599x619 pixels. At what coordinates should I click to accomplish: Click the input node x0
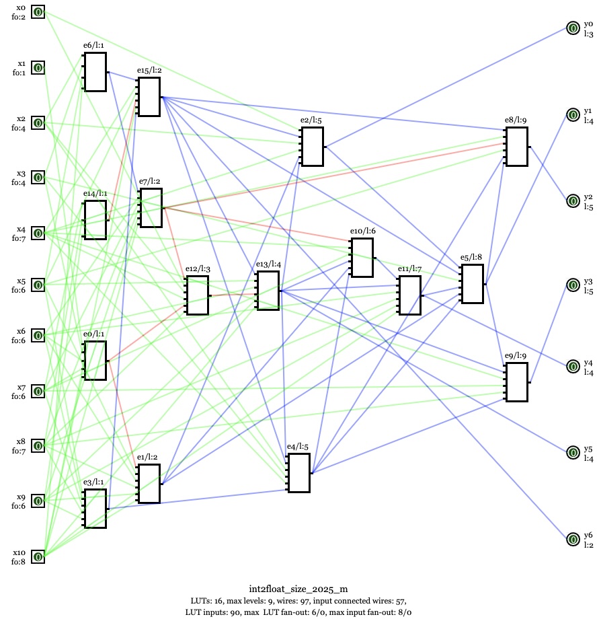coord(38,12)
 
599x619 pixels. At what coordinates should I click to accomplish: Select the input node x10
coord(38,556)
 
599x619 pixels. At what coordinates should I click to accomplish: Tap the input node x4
coord(38,233)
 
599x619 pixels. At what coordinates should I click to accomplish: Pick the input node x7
coord(38,391)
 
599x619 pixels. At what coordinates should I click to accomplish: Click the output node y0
coord(573,28)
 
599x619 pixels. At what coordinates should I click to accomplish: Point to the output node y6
coord(573,539)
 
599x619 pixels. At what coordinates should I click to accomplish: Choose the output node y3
coord(573,285)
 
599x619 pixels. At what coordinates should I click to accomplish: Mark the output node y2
coord(573,201)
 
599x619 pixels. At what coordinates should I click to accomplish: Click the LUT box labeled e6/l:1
coord(95,71)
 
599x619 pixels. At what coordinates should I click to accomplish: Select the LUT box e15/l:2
coord(149,97)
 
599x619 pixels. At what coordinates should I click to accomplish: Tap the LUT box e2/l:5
coord(313,146)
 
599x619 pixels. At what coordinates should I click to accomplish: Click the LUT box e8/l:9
coord(516,146)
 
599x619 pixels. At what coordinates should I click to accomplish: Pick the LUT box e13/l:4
coord(268,290)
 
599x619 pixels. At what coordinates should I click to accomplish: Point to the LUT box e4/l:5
coord(299,473)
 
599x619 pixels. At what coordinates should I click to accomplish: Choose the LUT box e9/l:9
coord(516,382)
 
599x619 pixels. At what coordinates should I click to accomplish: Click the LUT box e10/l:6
coord(362,258)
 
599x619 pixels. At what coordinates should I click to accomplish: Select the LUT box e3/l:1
coord(95,509)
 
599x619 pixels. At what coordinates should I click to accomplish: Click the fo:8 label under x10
coord(19,562)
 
